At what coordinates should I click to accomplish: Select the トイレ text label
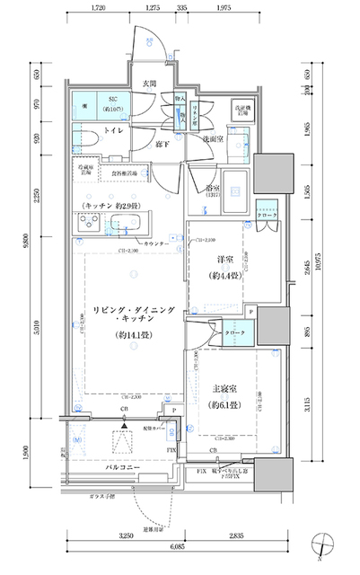tap(114, 131)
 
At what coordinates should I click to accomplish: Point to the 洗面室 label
tap(211, 139)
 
